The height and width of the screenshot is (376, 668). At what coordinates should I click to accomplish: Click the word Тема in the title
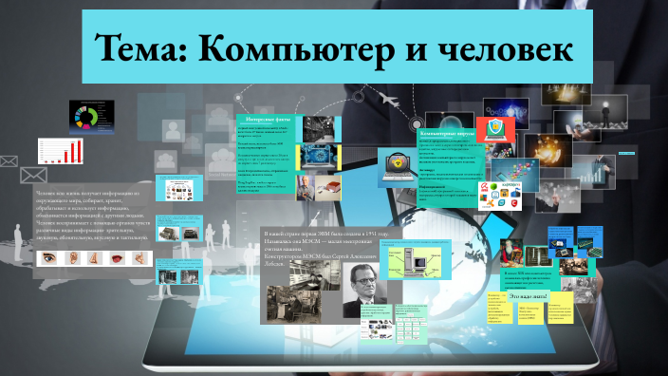coord(139,47)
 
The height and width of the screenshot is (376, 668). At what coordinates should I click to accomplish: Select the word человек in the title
coord(492,47)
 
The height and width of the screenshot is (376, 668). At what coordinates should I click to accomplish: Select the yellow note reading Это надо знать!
coord(528,296)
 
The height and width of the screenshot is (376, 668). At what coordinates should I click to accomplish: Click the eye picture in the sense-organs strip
coord(46,257)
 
